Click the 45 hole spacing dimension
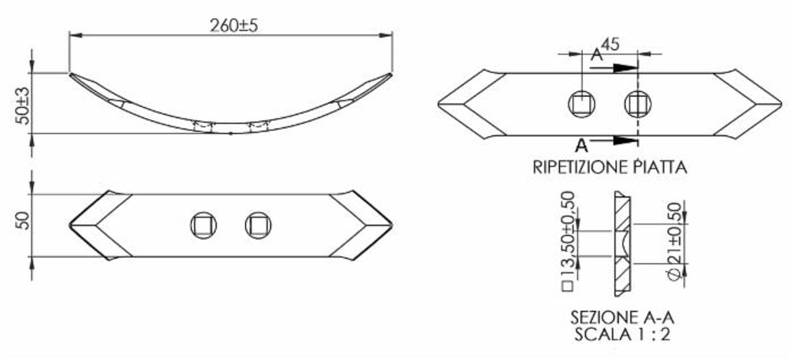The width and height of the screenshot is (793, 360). tap(610, 44)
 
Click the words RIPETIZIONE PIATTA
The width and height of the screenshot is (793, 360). tap(609, 167)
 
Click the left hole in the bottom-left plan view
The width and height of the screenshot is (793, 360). tap(202, 224)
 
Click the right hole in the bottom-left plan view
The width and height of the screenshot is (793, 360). tap(258, 224)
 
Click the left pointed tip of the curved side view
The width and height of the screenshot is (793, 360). tap(71, 76)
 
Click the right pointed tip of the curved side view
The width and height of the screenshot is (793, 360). tap(390, 75)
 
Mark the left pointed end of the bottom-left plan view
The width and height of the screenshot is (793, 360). tap(72, 225)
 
